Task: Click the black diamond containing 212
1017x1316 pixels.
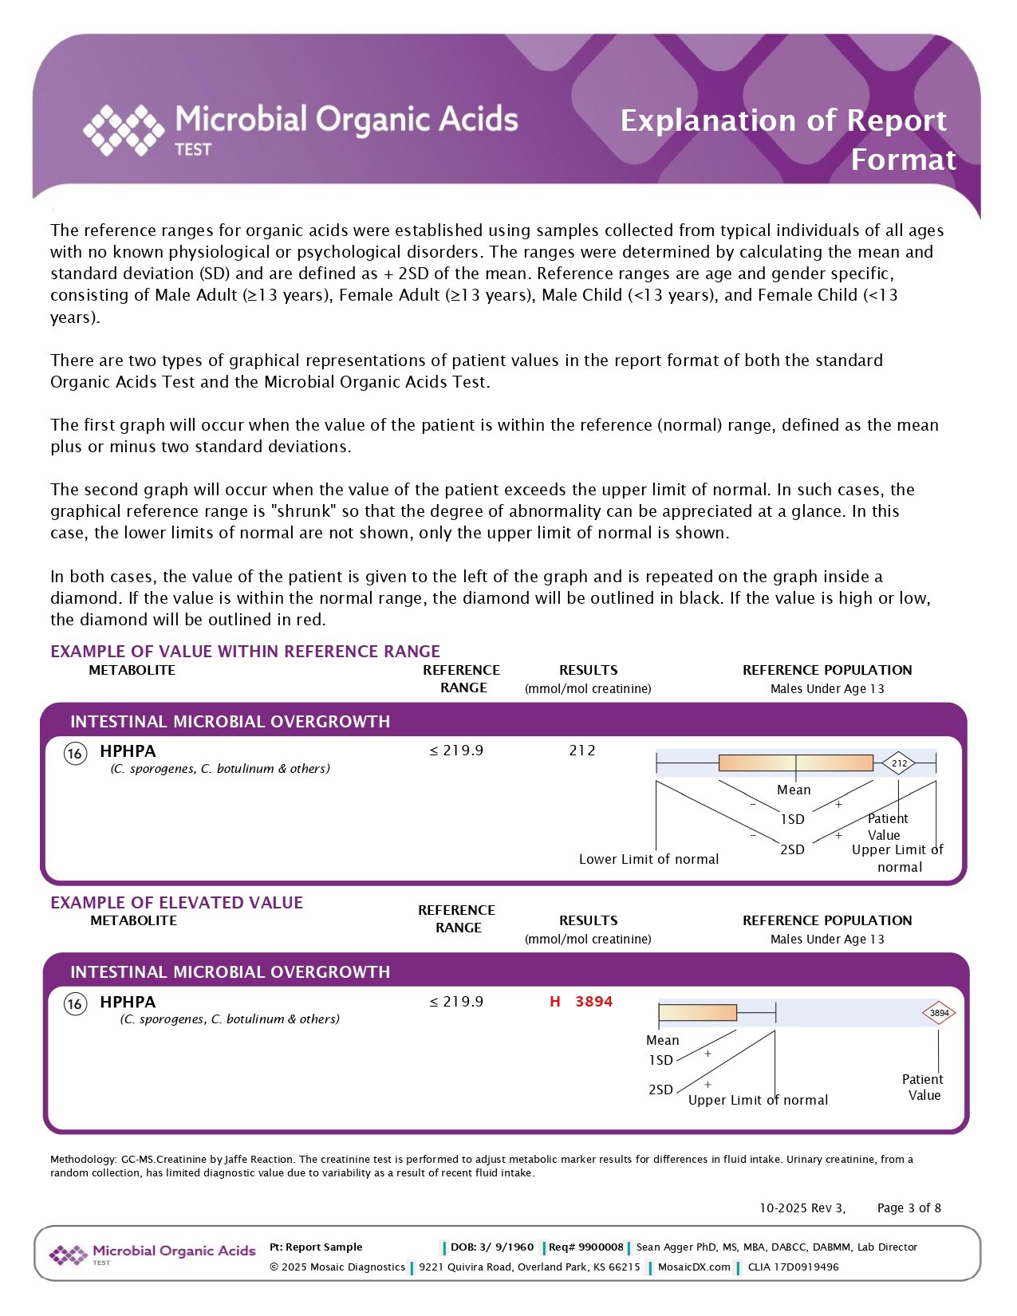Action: point(899,763)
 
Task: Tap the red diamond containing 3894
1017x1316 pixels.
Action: point(939,1013)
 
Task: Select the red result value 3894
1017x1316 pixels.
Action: point(593,1002)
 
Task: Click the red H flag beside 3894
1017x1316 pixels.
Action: point(555,1002)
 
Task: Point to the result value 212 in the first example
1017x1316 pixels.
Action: point(582,751)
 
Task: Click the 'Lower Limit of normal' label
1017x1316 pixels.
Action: point(648,859)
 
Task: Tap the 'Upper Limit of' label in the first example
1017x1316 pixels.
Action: point(897,850)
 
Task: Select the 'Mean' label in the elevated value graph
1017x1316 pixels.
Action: point(662,1040)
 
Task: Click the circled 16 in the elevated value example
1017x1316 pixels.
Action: point(75,1003)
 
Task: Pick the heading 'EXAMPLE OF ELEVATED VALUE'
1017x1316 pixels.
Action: point(176,903)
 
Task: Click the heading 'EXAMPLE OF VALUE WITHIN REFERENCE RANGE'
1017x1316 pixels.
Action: point(245,652)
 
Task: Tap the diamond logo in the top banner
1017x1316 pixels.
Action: point(124,129)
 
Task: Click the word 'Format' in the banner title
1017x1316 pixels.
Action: point(903,160)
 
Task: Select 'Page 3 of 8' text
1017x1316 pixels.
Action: point(909,1208)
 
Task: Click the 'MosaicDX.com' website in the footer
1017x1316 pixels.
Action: point(694,1267)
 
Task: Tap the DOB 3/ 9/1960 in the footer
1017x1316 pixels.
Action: point(491,1247)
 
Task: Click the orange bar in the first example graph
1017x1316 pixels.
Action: point(795,763)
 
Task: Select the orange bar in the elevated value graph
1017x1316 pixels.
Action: point(698,1013)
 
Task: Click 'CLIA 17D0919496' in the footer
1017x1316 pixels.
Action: point(793,1267)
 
